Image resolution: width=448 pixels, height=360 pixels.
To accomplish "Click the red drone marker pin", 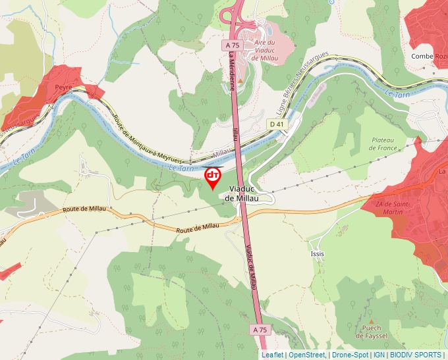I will click(213, 177).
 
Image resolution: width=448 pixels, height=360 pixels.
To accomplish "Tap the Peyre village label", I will click(63, 87).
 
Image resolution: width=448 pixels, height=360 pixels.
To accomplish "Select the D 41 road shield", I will click(276, 124).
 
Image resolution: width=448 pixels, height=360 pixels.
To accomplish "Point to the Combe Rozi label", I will click(429, 56).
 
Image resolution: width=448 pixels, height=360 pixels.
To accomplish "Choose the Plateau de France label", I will click(382, 144).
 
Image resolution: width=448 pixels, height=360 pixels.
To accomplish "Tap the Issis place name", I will click(318, 253).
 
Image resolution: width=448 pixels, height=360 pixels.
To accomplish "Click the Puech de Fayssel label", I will click(371, 332).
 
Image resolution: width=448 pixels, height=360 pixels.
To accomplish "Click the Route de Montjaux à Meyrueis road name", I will click(144, 139).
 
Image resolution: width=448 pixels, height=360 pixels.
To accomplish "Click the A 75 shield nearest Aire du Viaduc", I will click(231, 45).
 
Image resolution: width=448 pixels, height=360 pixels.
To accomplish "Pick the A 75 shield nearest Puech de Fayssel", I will click(260, 328).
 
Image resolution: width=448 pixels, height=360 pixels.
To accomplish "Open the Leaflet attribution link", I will click(272, 355).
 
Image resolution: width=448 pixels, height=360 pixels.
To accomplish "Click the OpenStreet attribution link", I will click(307, 355).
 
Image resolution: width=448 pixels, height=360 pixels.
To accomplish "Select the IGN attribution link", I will click(379, 355).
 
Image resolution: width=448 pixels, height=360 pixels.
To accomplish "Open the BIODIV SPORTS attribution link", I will click(416, 355).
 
